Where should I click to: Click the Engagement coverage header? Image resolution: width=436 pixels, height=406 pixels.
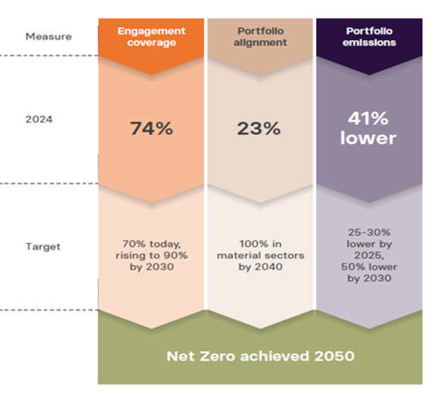pyautogui.click(x=151, y=37)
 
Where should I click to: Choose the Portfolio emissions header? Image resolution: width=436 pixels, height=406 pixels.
pyautogui.click(x=368, y=37)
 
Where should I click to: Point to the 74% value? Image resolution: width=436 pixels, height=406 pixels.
pyautogui.click(x=151, y=128)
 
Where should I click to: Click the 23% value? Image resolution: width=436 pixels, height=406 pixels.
pyautogui.click(x=260, y=128)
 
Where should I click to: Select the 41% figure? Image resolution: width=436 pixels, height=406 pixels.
pyautogui.click(x=368, y=118)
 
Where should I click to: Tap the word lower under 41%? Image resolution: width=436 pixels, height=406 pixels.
pyautogui.click(x=368, y=137)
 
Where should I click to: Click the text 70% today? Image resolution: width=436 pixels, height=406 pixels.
pyautogui.click(x=151, y=244)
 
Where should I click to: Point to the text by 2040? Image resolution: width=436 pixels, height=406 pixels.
pyautogui.click(x=260, y=267)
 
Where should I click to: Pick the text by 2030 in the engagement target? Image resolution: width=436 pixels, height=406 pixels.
pyautogui.click(x=151, y=267)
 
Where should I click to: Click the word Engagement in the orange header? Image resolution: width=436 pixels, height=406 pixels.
pyautogui.click(x=151, y=31)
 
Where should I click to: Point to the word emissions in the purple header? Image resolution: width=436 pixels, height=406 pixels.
pyautogui.click(x=368, y=43)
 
